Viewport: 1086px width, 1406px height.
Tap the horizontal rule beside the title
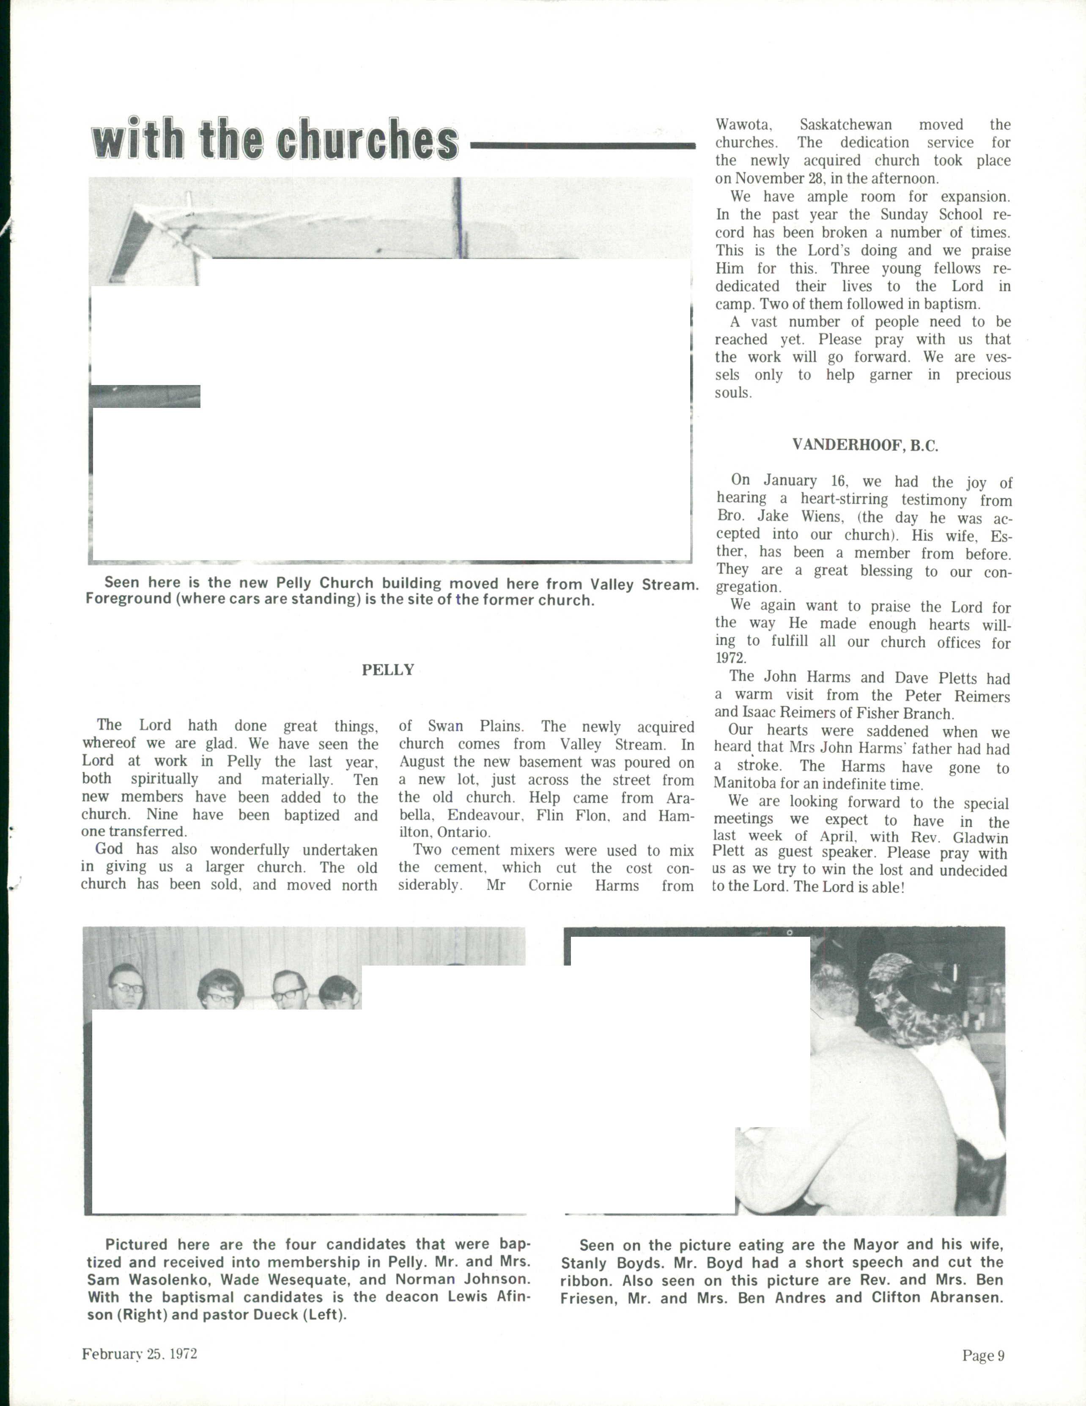(583, 147)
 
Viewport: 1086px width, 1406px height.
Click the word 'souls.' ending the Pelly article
(733, 392)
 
